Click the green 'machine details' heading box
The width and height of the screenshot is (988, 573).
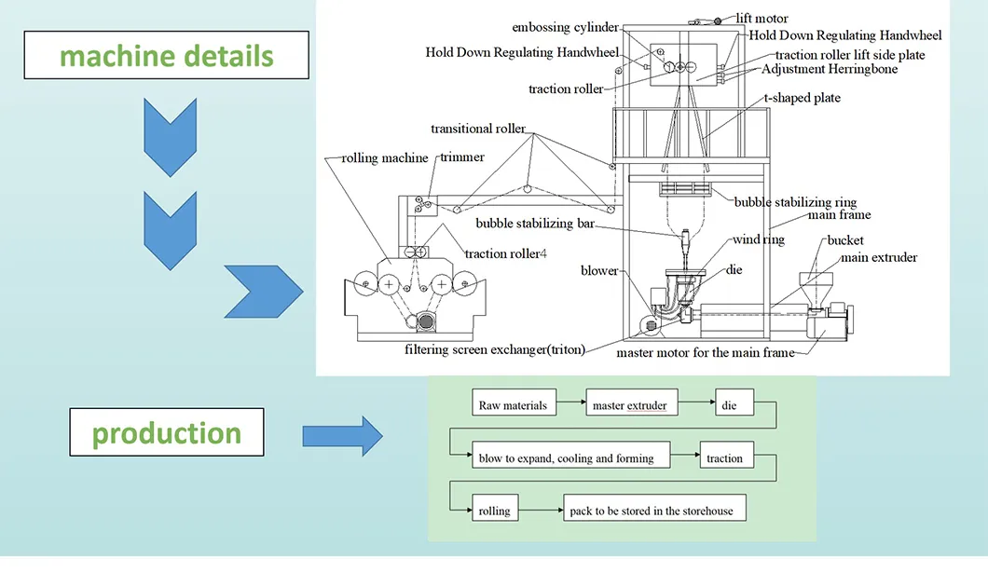click(x=167, y=56)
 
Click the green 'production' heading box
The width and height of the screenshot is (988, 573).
click(x=167, y=433)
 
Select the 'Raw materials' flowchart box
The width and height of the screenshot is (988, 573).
click(x=513, y=405)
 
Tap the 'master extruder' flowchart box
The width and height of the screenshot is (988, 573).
click(x=630, y=405)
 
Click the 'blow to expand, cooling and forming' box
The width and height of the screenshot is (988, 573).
click(x=566, y=457)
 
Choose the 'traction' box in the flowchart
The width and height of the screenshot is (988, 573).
click(x=724, y=457)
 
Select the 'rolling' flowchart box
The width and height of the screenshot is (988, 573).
click(x=494, y=511)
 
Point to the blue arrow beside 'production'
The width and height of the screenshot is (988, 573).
click(x=342, y=435)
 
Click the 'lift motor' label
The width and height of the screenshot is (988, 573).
click(x=762, y=19)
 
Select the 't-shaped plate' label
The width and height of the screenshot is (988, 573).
click(x=802, y=98)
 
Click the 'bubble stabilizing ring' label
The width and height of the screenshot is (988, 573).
click(x=794, y=202)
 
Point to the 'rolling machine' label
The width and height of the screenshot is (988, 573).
click(x=385, y=158)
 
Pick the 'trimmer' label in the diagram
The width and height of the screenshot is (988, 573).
click(x=462, y=157)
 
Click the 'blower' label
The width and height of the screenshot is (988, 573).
click(x=599, y=270)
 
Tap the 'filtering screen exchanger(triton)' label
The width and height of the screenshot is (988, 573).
click(x=494, y=350)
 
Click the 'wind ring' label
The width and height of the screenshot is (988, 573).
click(x=759, y=239)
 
